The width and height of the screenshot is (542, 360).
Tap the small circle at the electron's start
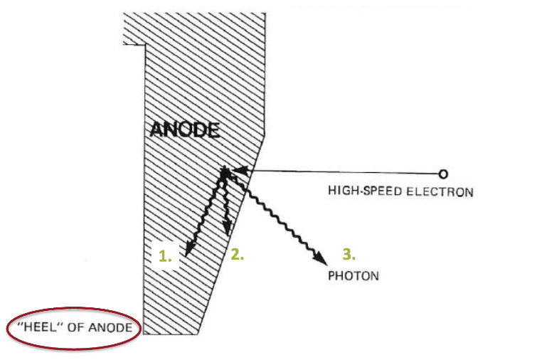pos(442,174)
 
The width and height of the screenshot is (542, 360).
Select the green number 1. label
pos(165,258)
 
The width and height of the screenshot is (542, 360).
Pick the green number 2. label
pos(238,254)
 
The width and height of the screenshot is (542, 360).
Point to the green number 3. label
pos(349,253)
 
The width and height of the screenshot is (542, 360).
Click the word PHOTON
pos(353,275)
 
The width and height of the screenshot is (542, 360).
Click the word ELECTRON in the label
pos(442,191)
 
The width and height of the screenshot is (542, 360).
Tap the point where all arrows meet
pos(224,171)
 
